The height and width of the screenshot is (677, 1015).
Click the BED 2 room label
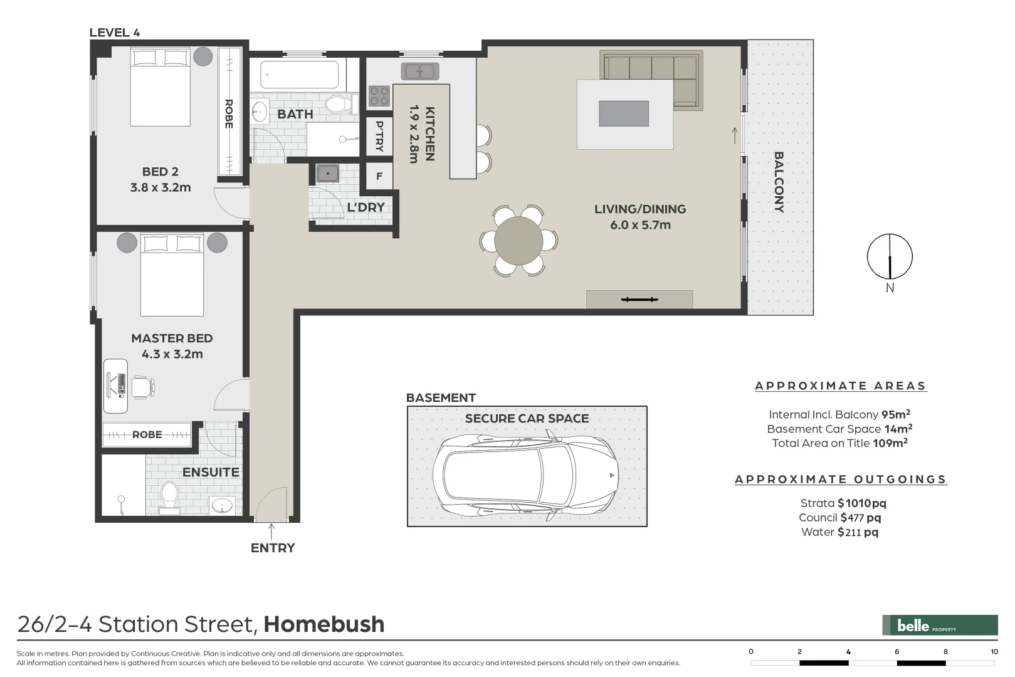click(160, 172)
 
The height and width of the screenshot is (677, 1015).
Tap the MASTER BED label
click(172, 338)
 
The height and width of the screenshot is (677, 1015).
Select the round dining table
click(518, 241)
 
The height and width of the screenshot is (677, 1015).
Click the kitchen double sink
click(420, 71)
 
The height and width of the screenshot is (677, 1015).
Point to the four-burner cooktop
click(379, 96)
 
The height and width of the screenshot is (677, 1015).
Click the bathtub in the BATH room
click(300, 75)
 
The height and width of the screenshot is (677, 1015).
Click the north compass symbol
click(890, 256)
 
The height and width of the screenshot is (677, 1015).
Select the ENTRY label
click(273, 548)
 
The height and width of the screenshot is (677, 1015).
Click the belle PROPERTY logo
click(940, 626)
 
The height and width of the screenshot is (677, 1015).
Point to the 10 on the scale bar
click(994, 652)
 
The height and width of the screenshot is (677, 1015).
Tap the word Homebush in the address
click(324, 624)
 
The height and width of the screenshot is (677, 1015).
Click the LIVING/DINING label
click(640, 209)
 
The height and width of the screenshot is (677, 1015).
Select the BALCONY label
click(779, 182)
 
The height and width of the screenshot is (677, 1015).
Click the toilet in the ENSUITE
click(169, 497)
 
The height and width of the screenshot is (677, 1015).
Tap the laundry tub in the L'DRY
click(327, 173)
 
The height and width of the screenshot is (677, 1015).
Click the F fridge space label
click(379, 176)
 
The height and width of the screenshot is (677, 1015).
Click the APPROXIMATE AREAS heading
click(841, 386)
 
